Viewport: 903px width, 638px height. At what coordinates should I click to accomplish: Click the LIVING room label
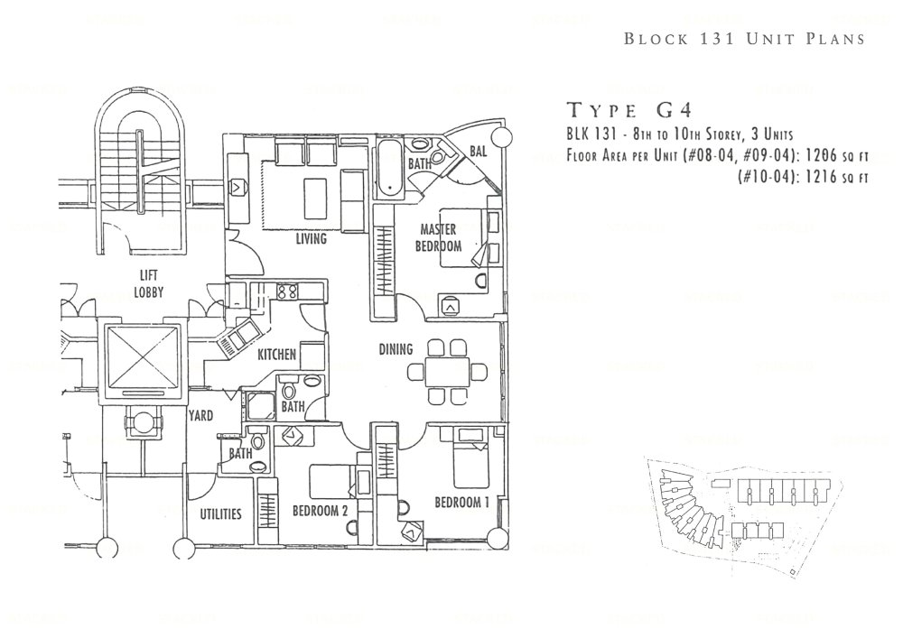pyautogui.click(x=311, y=240)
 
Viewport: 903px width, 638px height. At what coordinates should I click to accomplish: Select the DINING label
pyautogui.click(x=396, y=349)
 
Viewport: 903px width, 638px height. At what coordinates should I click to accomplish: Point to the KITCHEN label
pyautogui.click(x=276, y=356)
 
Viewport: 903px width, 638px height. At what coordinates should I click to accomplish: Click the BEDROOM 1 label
pyautogui.click(x=461, y=502)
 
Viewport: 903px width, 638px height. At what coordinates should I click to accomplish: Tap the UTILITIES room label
pyautogui.click(x=220, y=514)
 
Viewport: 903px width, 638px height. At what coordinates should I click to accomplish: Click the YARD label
pyautogui.click(x=200, y=417)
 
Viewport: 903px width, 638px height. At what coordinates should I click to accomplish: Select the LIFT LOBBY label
pyautogui.click(x=150, y=284)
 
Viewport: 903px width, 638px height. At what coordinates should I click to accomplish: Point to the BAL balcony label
pyautogui.click(x=479, y=153)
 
